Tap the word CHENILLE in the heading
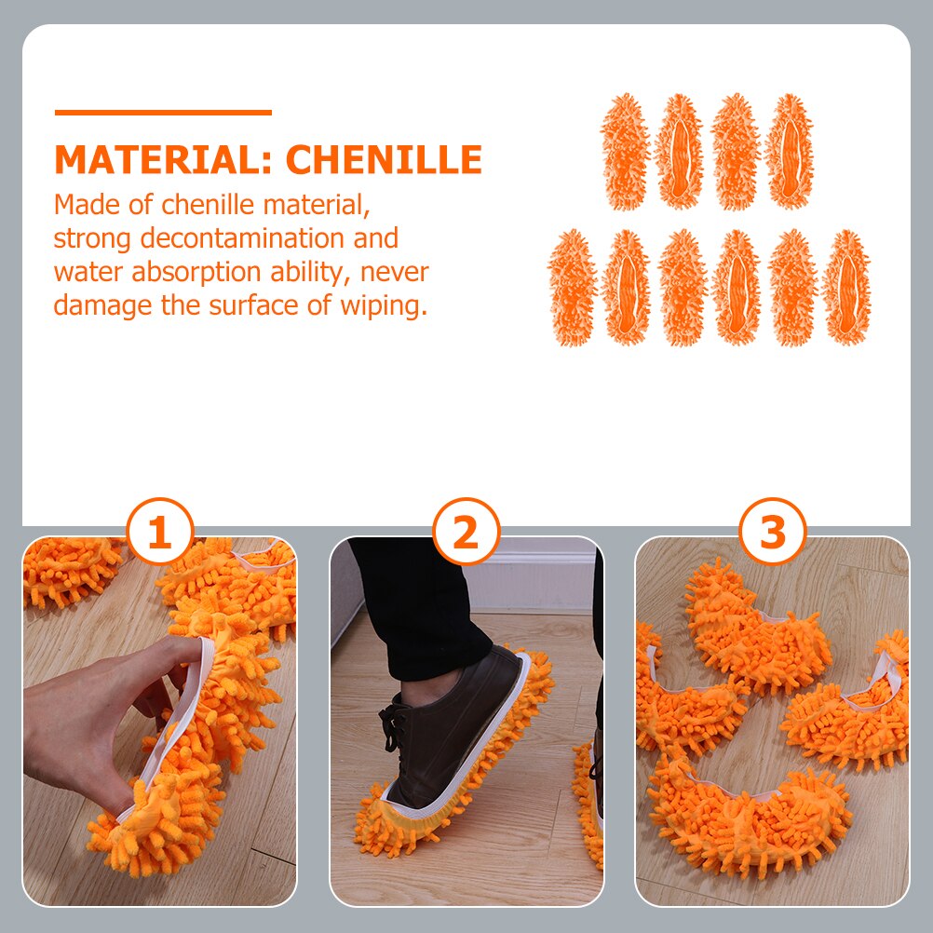(x=384, y=159)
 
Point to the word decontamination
(x=242, y=238)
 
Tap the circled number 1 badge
(x=160, y=532)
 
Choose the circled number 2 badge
(x=466, y=532)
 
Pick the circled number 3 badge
(x=772, y=532)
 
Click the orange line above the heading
(x=163, y=112)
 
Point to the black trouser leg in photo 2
(x=416, y=607)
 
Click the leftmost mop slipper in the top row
(x=625, y=152)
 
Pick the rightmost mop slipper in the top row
(x=789, y=152)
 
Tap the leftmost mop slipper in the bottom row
(x=572, y=288)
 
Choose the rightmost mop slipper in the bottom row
(x=846, y=288)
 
